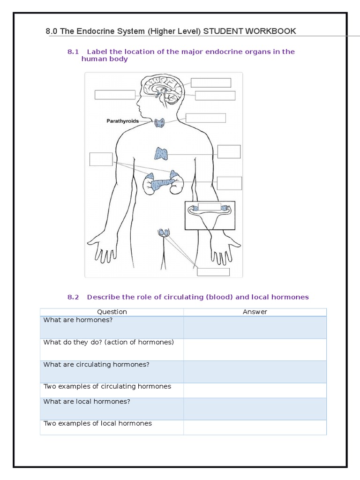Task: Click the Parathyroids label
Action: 123,121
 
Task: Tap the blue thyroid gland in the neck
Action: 160,123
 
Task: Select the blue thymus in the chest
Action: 161,153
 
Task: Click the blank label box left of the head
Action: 115,95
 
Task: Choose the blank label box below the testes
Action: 213,272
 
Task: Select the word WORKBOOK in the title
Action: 273,31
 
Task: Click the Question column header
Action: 112,312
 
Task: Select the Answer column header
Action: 255,312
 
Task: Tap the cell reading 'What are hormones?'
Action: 112,327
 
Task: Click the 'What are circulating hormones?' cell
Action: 112,371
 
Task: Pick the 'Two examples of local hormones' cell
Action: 112,427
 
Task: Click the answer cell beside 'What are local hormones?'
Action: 255,409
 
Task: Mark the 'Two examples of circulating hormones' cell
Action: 112,390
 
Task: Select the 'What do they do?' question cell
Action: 112,349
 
